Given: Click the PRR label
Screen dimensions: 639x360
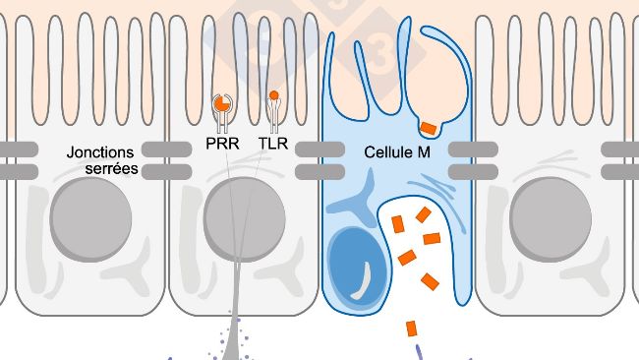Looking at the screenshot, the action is (x=223, y=145).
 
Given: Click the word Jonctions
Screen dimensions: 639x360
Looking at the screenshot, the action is (x=102, y=152).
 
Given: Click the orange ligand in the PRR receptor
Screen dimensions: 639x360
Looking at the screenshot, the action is (x=222, y=102).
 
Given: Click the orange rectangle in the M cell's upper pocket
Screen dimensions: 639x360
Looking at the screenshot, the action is (x=429, y=127).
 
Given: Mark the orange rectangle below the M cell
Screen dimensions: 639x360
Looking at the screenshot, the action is (x=410, y=328).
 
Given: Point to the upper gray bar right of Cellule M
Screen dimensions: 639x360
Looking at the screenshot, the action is (x=471, y=150).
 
